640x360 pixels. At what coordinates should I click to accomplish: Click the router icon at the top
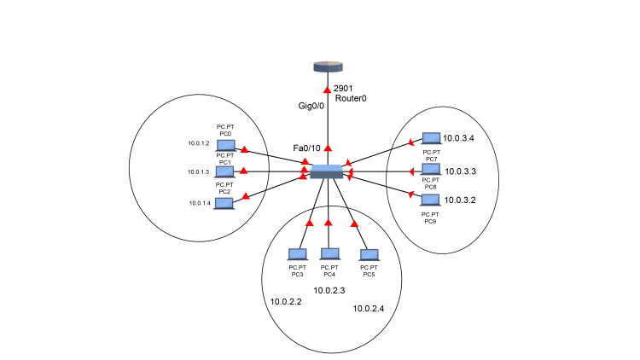point(327,66)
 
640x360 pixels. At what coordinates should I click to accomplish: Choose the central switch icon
point(326,171)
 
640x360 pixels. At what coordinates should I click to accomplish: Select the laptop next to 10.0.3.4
point(432,138)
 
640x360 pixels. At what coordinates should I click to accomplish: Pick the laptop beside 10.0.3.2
point(431,200)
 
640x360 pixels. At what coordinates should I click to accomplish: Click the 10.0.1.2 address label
point(198,143)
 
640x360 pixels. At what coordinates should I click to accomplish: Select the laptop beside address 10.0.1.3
point(225,171)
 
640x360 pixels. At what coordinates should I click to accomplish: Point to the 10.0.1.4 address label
point(198,203)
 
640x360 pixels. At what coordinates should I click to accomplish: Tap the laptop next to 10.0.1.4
point(224,203)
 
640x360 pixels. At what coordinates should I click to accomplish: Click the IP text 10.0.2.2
point(286,301)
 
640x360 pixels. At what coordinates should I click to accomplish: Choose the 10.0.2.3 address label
point(329,290)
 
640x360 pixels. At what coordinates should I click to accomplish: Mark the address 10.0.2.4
point(369,308)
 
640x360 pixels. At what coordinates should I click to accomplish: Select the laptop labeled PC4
point(329,254)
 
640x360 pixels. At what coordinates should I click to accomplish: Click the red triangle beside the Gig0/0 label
point(327,90)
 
